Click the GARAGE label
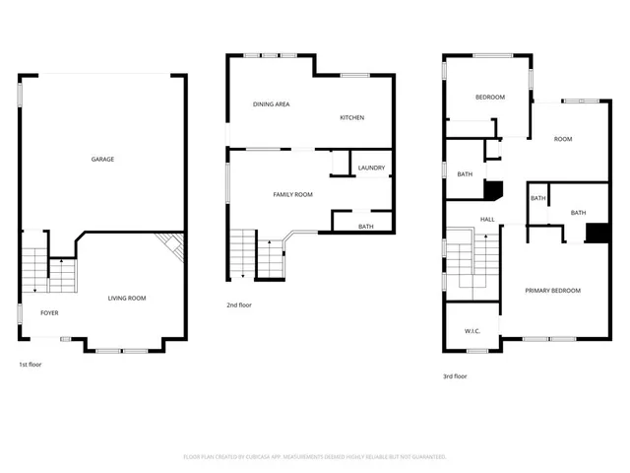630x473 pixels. tap(102, 159)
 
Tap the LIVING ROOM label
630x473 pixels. tap(127, 298)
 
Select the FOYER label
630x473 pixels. tap(49, 313)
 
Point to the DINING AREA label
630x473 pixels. tap(271, 103)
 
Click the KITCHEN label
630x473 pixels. tap(351, 117)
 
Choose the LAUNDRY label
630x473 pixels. tap(371, 168)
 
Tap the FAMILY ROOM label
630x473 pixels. tap(292, 194)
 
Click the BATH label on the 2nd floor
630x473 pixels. tap(365, 227)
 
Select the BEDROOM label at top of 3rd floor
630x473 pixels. tap(490, 97)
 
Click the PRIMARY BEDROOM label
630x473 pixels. tap(552, 290)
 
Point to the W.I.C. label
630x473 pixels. tap(472, 331)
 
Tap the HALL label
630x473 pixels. tap(487, 219)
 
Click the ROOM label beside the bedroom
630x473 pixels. tap(562, 139)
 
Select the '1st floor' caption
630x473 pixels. tap(31, 365)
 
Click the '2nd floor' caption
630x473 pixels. tap(239, 304)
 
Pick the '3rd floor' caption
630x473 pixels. tap(455, 375)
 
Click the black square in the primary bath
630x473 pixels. tap(597, 233)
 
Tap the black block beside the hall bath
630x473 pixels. tap(494, 189)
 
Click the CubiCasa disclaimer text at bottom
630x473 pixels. tap(315, 457)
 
